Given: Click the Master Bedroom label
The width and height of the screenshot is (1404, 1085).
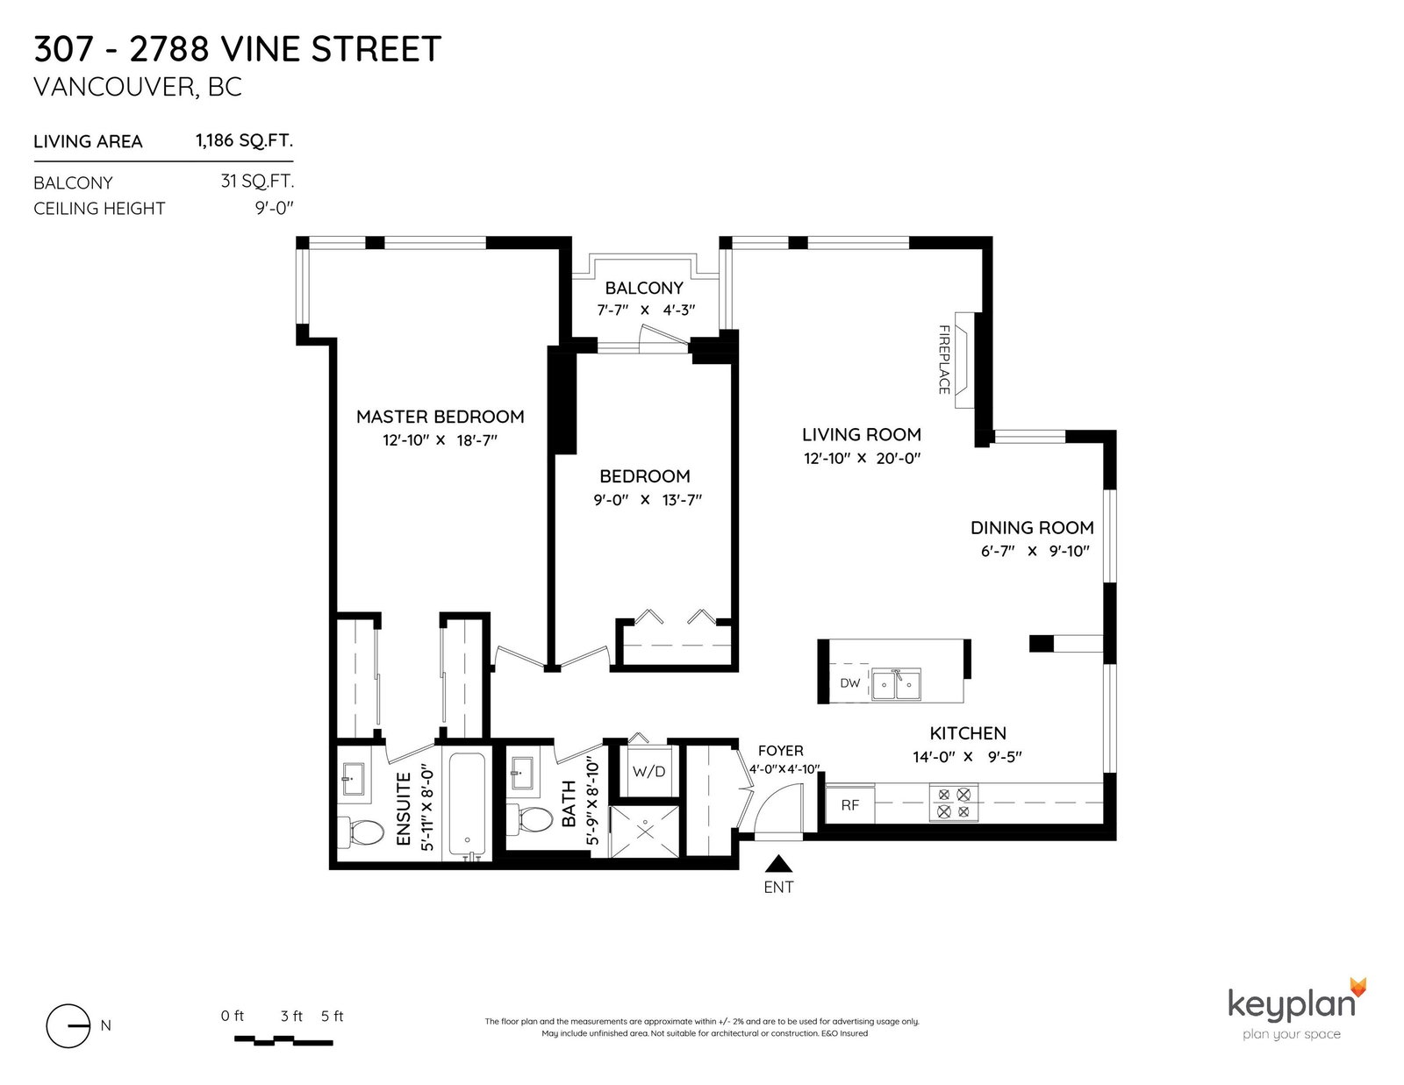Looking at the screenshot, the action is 440,417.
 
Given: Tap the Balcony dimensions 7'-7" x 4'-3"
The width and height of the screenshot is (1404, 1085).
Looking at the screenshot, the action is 646,310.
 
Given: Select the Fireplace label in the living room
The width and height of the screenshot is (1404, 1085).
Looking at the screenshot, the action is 944,360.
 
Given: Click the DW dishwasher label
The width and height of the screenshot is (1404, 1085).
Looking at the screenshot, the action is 849,682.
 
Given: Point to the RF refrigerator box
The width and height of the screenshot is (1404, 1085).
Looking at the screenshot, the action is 849,804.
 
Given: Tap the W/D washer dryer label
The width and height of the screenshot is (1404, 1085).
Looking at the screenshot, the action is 648,772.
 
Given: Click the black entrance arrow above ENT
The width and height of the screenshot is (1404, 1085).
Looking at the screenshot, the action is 778,863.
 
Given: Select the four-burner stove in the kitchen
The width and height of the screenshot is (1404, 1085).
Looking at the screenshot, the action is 954,803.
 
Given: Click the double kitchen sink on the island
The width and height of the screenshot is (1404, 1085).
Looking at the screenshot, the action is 896,685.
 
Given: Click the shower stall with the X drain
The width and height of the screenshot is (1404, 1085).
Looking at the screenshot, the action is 646,832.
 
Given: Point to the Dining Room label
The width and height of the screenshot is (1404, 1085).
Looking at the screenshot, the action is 1032,528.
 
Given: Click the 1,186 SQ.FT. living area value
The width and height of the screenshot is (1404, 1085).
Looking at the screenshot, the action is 244,141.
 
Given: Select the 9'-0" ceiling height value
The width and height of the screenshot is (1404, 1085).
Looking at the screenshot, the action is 274,209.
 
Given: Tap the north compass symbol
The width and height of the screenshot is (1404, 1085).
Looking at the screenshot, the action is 68,1025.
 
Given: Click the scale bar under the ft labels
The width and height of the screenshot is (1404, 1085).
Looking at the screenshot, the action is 283,1040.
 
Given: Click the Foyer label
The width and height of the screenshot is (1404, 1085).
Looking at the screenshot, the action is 780,751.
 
